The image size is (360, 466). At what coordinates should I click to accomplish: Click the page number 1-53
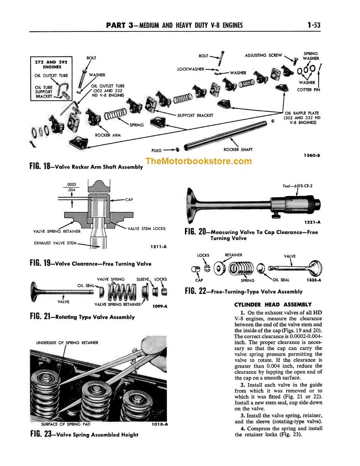[x=314, y=25]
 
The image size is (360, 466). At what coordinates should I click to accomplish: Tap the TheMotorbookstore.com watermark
[x=199, y=161]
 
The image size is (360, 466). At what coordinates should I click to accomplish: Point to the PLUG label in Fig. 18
[x=156, y=151]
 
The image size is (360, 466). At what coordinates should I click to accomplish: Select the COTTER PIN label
[x=309, y=90]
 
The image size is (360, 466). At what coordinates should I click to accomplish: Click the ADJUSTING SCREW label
[x=263, y=55]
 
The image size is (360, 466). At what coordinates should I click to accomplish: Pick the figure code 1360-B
[x=311, y=155]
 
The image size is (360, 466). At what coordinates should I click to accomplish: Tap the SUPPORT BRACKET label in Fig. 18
[x=195, y=115]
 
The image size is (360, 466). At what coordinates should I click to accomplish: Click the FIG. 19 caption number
[x=42, y=264]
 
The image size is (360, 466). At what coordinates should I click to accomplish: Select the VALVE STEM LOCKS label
[x=146, y=229]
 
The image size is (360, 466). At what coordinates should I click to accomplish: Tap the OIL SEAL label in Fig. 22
[x=281, y=280]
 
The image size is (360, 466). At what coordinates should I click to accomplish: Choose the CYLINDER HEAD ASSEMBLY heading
[x=273, y=304]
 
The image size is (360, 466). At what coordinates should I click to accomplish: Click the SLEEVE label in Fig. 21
[x=143, y=279]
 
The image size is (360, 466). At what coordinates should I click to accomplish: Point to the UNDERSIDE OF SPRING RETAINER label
[x=67, y=343]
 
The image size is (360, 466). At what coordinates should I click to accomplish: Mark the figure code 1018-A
[x=159, y=424]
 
